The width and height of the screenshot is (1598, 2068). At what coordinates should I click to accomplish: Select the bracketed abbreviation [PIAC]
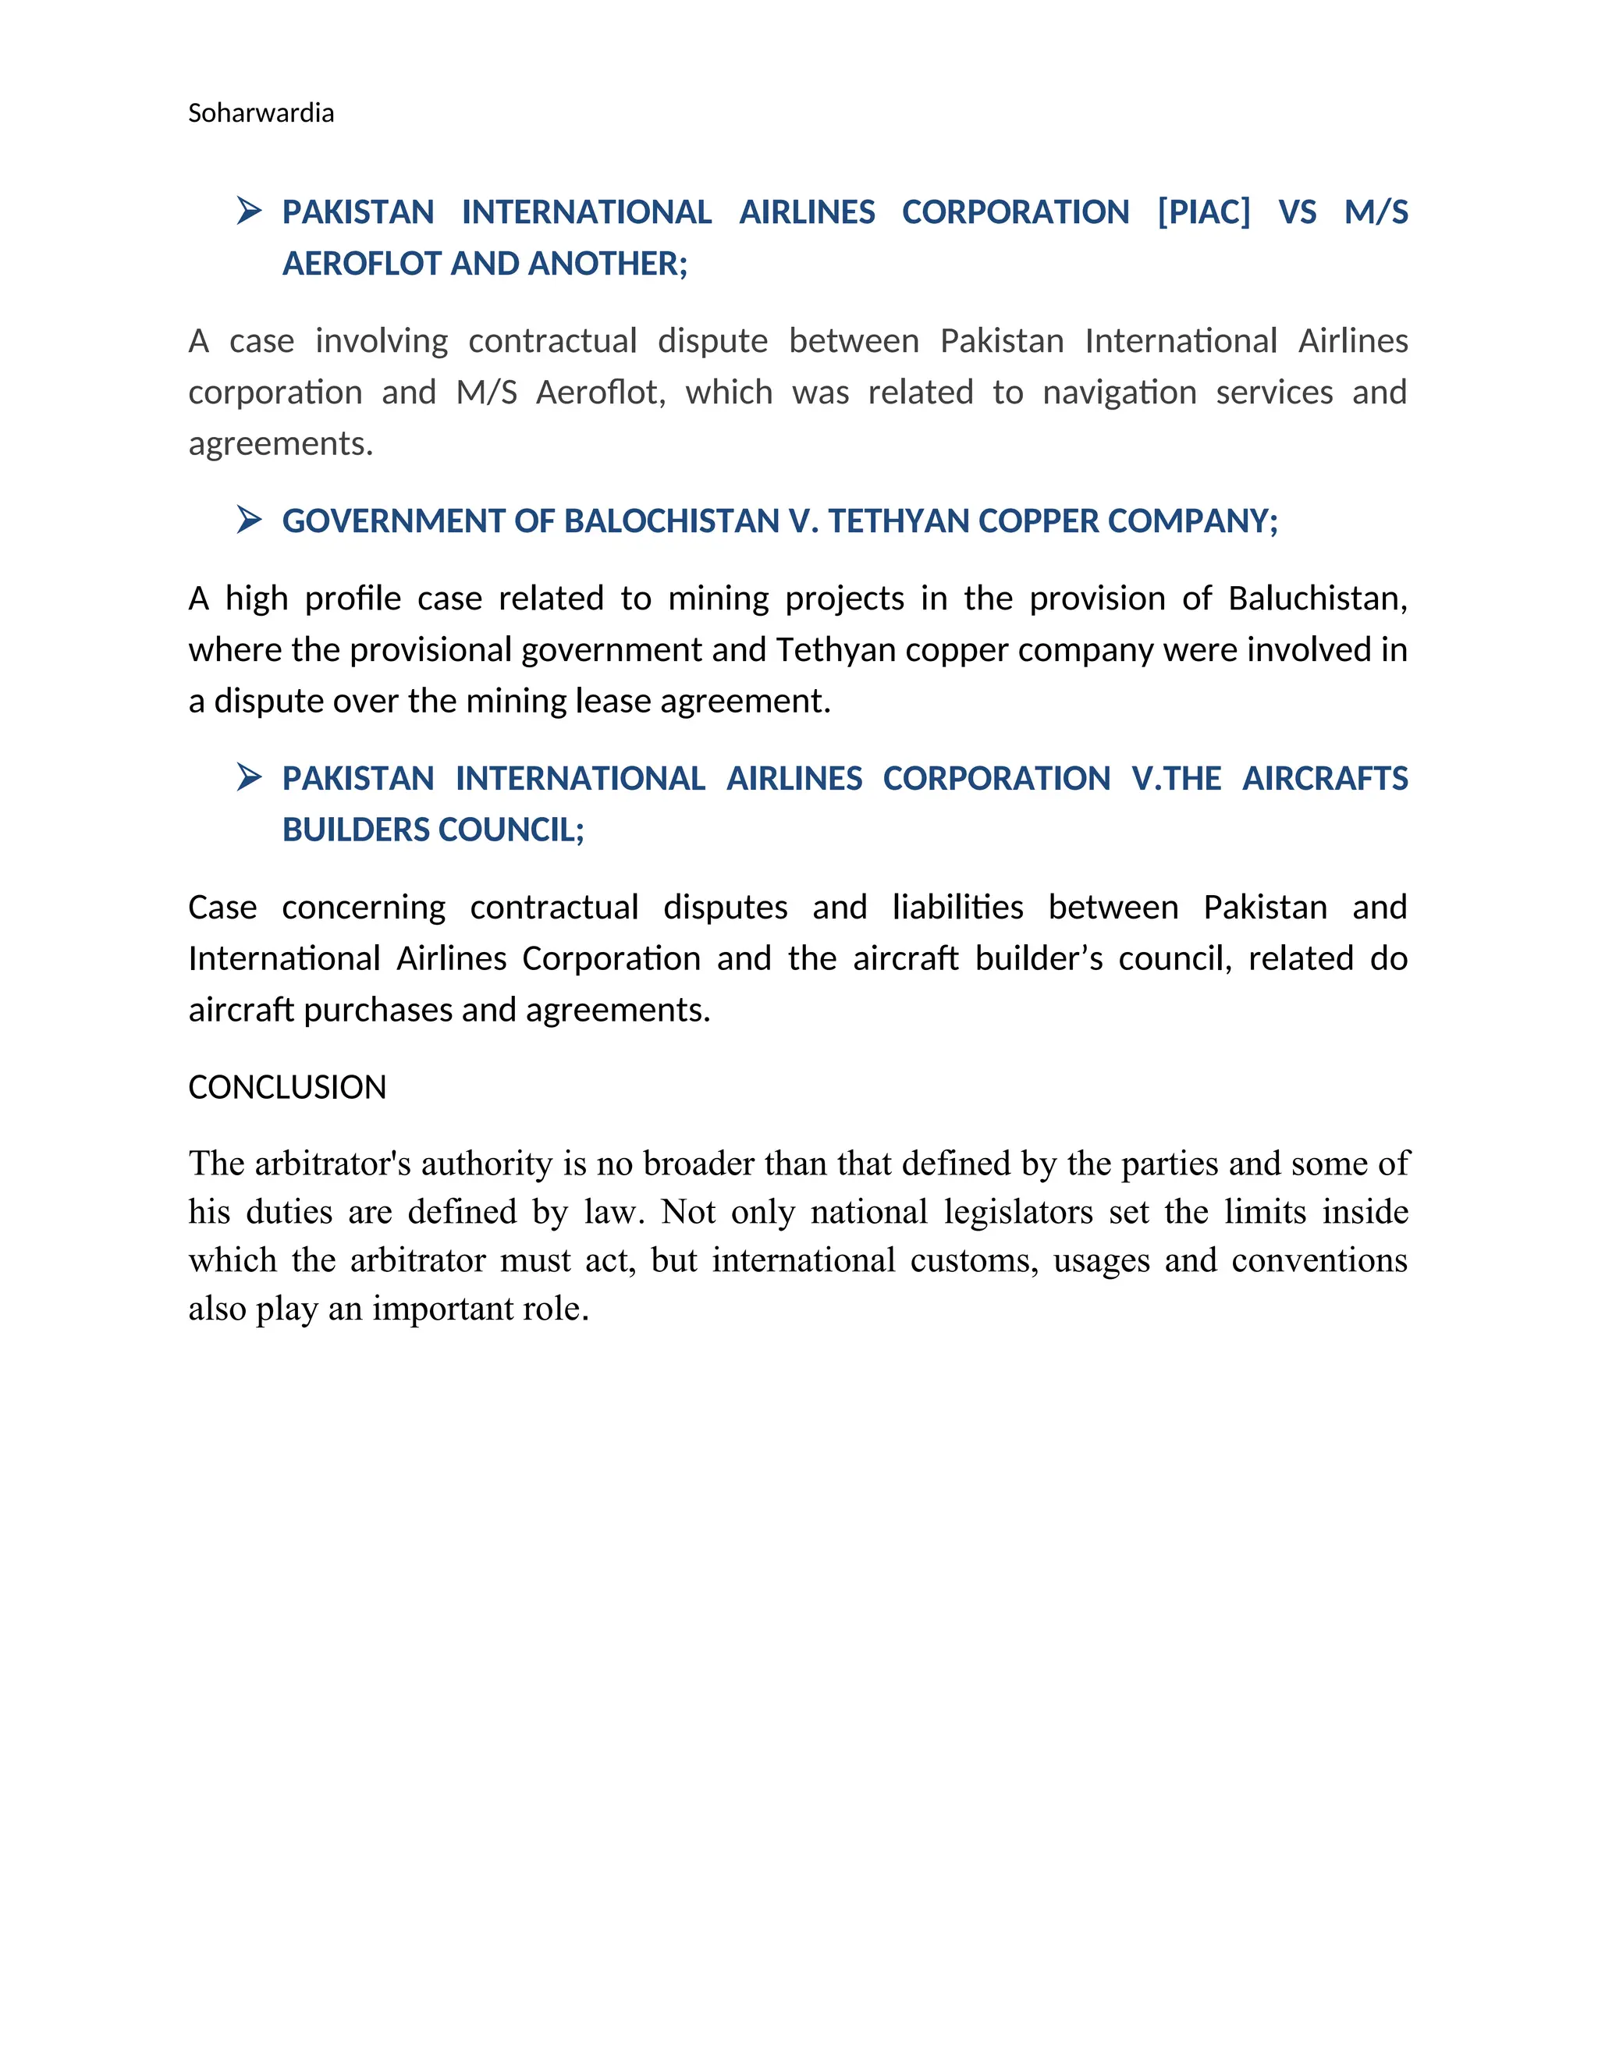tap(1203, 212)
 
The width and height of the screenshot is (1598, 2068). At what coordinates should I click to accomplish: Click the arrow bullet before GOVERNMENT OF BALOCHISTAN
tap(249, 520)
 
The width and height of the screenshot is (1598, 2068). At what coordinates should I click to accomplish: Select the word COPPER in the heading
tap(1038, 521)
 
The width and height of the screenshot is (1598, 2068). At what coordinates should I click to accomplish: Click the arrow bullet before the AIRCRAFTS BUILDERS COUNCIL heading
tap(249, 777)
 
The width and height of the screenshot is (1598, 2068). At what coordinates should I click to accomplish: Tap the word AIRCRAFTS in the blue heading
tap(1324, 778)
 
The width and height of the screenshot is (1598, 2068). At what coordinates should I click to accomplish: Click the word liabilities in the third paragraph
tap(957, 907)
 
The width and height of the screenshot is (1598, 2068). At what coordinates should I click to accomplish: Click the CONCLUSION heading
tap(287, 1087)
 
